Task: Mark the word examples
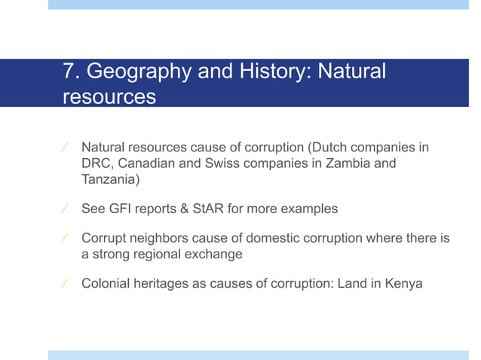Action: tap(309, 209)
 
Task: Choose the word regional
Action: tap(161, 255)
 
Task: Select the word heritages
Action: tap(164, 283)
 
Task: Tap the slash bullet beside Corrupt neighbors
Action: tap(65, 239)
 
